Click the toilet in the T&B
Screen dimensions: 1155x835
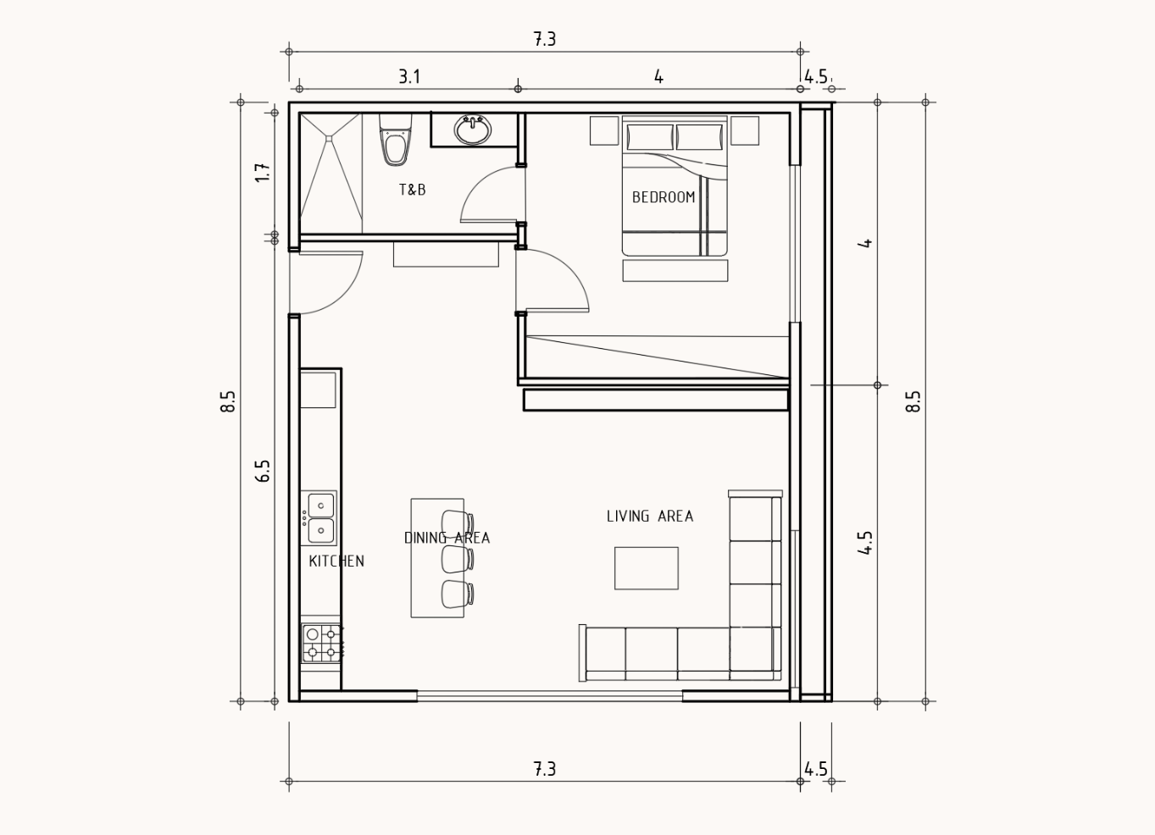tap(396, 140)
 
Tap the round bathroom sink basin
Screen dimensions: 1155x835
tap(473, 130)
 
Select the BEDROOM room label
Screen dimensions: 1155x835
tap(664, 197)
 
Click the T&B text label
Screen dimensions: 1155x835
tap(413, 190)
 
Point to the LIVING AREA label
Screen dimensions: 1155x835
tap(650, 516)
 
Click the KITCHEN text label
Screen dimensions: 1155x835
tap(336, 561)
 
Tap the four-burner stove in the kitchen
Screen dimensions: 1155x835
tap(322, 644)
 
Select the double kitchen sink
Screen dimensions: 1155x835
tap(319, 518)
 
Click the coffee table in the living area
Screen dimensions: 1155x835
tap(646, 568)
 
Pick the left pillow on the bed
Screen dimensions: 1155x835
tap(650, 137)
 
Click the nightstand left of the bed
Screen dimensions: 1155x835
tap(604, 130)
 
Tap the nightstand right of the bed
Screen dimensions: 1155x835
tap(745, 130)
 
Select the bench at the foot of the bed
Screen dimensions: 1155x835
tap(675, 271)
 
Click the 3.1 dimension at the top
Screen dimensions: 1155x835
tap(409, 77)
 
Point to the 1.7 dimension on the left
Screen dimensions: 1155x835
tap(263, 172)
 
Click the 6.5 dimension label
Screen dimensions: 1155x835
tap(263, 471)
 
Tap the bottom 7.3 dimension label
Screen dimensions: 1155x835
tap(545, 770)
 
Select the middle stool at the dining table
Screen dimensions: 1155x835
tap(458, 559)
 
